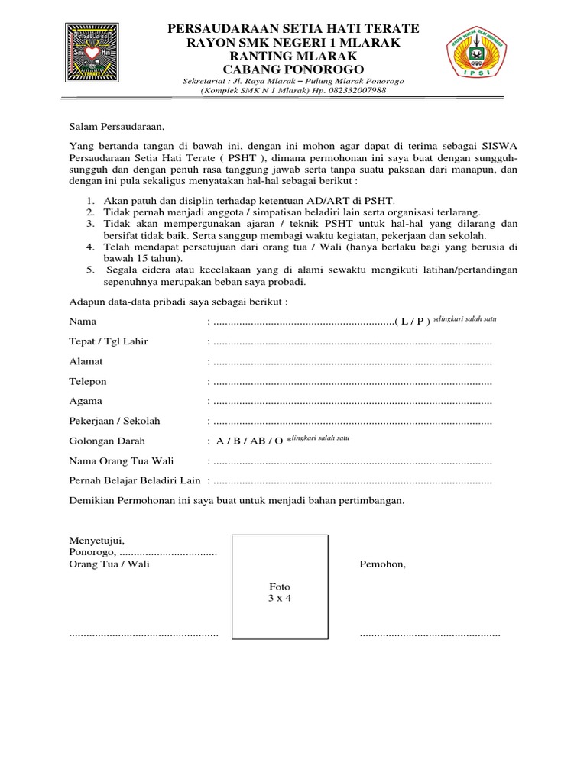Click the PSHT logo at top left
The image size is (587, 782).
click(96, 57)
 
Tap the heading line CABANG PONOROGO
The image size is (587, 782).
click(293, 69)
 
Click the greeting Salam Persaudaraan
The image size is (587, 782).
click(116, 126)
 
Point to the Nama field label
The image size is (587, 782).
click(84, 321)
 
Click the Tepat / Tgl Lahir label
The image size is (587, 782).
click(109, 341)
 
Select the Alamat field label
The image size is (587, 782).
click(86, 361)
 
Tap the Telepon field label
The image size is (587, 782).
click(88, 381)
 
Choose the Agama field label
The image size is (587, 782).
click(86, 401)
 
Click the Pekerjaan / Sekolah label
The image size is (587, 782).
click(115, 421)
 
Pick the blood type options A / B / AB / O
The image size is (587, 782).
click(249, 441)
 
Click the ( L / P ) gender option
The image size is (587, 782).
click(413, 322)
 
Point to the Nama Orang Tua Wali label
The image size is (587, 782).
click(122, 461)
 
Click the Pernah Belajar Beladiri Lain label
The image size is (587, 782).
click(135, 481)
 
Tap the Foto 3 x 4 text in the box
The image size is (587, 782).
click(274, 593)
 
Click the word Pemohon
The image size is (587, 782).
click(382, 564)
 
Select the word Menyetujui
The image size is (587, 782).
click(96, 540)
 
